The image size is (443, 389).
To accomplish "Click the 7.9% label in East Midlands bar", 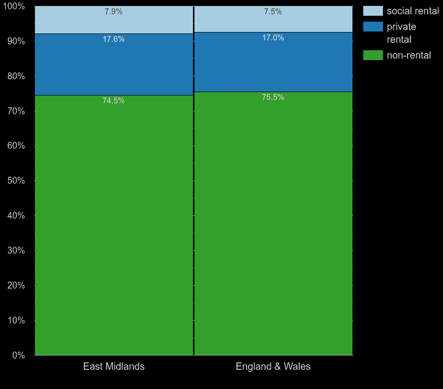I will pyautogui.click(x=113, y=12).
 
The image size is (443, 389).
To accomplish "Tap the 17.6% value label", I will pyautogui.click(x=113, y=39).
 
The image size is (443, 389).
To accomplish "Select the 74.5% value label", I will pyautogui.click(x=113, y=101).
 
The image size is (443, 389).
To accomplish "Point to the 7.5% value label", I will pyautogui.click(x=273, y=12).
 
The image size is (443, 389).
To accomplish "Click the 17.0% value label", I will pyautogui.click(x=273, y=38).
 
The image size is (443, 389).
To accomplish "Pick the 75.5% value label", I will pyautogui.click(x=273, y=97).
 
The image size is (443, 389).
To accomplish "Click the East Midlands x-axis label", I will pyautogui.click(x=114, y=366).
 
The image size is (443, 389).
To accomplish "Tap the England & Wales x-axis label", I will pyautogui.click(x=273, y=366).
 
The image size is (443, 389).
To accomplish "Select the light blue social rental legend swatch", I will pyautogui.click(x=373, y=11).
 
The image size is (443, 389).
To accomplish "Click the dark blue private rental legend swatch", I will pyautogui.click(x=373, y=27).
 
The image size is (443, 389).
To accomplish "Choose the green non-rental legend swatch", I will pyautogui.click(x=373, y=55).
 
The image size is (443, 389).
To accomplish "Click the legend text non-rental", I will pyautogui.click(x=409, y=55).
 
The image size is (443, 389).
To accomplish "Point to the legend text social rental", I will pyautogui.click(x=412, y=11).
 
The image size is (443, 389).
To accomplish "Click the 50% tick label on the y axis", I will pyautogui.click(x=16, y=181).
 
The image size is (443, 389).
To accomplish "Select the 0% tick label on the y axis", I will pyautogui.click(x=18, y=355).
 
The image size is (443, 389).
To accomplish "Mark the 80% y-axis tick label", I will pyautogui.click(x=16, y=76).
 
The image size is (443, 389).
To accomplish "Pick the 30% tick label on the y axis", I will pyautogui.click(x=16, y=251).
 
